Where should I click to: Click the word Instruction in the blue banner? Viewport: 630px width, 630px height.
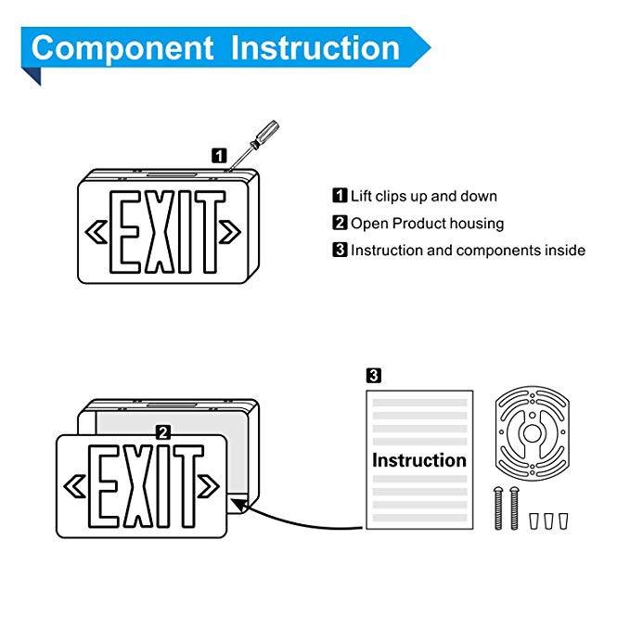315,47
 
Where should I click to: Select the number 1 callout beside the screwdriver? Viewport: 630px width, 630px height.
219,155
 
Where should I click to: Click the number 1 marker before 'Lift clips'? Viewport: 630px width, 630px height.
340,197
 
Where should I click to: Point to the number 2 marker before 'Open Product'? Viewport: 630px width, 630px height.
340,224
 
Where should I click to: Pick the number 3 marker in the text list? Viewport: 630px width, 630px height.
340,251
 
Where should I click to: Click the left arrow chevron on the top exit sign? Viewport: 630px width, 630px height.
96,229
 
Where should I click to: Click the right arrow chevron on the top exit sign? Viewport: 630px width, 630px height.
231,229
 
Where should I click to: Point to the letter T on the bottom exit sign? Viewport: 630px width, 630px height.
188,485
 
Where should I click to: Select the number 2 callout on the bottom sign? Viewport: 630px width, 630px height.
163,431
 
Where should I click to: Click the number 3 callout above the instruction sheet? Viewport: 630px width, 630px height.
374,376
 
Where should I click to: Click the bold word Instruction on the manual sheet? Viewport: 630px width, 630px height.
419,460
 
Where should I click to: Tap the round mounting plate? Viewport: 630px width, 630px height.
532,433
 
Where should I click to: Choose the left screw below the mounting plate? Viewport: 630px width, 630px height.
499,509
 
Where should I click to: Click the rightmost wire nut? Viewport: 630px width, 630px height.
562,520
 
